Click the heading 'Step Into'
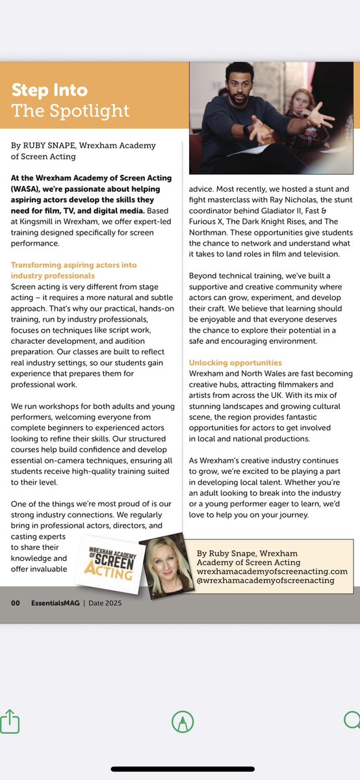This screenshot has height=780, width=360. [49, 89]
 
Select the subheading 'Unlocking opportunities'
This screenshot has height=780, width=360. [235, 362]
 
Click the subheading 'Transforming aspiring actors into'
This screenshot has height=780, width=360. [74, 265]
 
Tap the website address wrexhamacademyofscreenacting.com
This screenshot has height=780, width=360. [272, 571]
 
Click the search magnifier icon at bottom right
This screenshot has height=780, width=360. [352, 721]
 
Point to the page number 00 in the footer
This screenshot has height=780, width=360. [16, 603]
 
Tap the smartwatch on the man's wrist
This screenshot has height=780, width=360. [246, 130]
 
